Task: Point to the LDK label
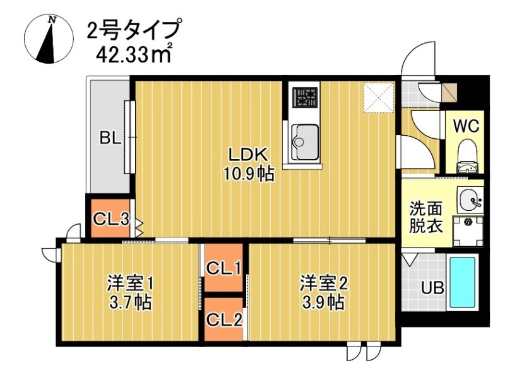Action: click(249, 154)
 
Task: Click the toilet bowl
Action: click(468, 154)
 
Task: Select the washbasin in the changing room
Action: click(470, 201)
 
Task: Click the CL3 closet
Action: click(110, 219)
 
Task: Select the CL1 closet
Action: click(223, 268)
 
